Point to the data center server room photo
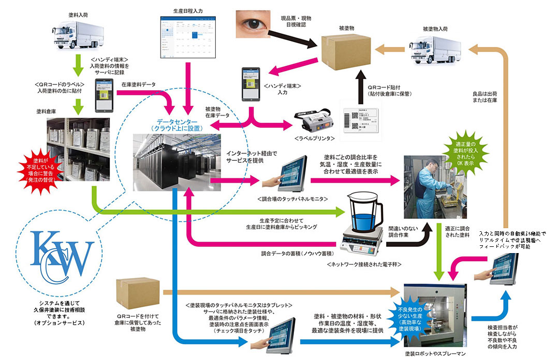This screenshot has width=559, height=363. click(170, 161)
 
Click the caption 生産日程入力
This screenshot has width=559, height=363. click(188, 10)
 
